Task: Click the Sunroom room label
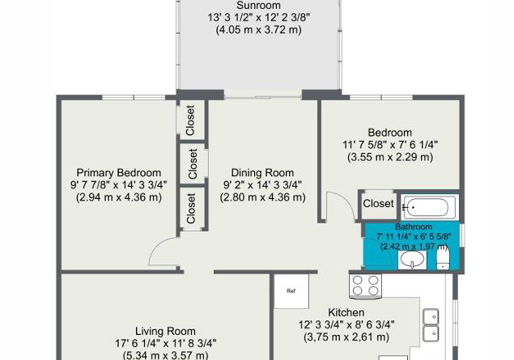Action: pos(259,6)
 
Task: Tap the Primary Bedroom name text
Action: pos(119,172)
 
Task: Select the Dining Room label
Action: pos(262,172)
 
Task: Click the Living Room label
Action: pos(166,331)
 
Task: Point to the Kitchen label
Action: pos(346,312)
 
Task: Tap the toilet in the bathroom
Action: pos(444,259)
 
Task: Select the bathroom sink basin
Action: pos(412,260)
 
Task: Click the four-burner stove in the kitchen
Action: pos(365,286)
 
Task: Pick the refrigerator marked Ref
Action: pos(291,291)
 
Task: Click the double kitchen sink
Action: pos(431,325)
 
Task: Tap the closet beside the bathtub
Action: pos(378,204)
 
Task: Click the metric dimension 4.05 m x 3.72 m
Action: pos(259,30)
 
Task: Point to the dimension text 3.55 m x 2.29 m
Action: pos(390,157)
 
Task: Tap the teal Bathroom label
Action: pos(414,227)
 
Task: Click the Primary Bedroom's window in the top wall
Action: pos(134,97)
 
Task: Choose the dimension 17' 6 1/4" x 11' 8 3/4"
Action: pos(166,343)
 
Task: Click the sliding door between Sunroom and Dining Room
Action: pos(262,95)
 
